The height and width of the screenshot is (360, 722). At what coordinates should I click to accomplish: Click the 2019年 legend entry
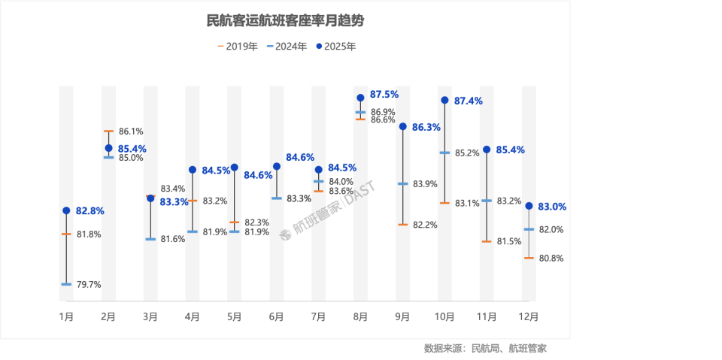238,46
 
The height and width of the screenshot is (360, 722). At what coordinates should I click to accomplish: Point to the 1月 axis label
66,316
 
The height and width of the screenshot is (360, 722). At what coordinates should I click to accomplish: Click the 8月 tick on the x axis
360,316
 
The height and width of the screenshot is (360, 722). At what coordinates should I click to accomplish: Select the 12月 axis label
529,316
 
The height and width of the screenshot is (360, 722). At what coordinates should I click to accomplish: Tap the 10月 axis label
444,316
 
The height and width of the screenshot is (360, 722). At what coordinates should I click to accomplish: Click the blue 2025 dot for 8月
360,98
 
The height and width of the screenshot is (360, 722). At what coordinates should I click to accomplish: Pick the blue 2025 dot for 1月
66,210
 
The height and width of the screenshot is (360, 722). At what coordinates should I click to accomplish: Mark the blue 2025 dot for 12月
529,206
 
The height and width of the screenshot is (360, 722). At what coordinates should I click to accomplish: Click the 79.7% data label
89,284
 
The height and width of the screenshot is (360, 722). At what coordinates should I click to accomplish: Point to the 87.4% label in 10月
468,100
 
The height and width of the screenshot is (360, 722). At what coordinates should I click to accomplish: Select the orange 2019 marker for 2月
108,132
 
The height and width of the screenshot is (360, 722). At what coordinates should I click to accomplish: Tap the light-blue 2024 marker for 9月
402,183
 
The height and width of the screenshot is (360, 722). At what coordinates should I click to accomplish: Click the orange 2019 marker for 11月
487,241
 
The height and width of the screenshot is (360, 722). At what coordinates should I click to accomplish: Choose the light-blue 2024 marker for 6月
276,198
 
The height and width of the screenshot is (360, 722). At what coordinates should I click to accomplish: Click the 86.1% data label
131,131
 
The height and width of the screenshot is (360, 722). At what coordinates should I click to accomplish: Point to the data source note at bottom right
484,348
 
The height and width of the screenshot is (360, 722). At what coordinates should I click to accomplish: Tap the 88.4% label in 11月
509,150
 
